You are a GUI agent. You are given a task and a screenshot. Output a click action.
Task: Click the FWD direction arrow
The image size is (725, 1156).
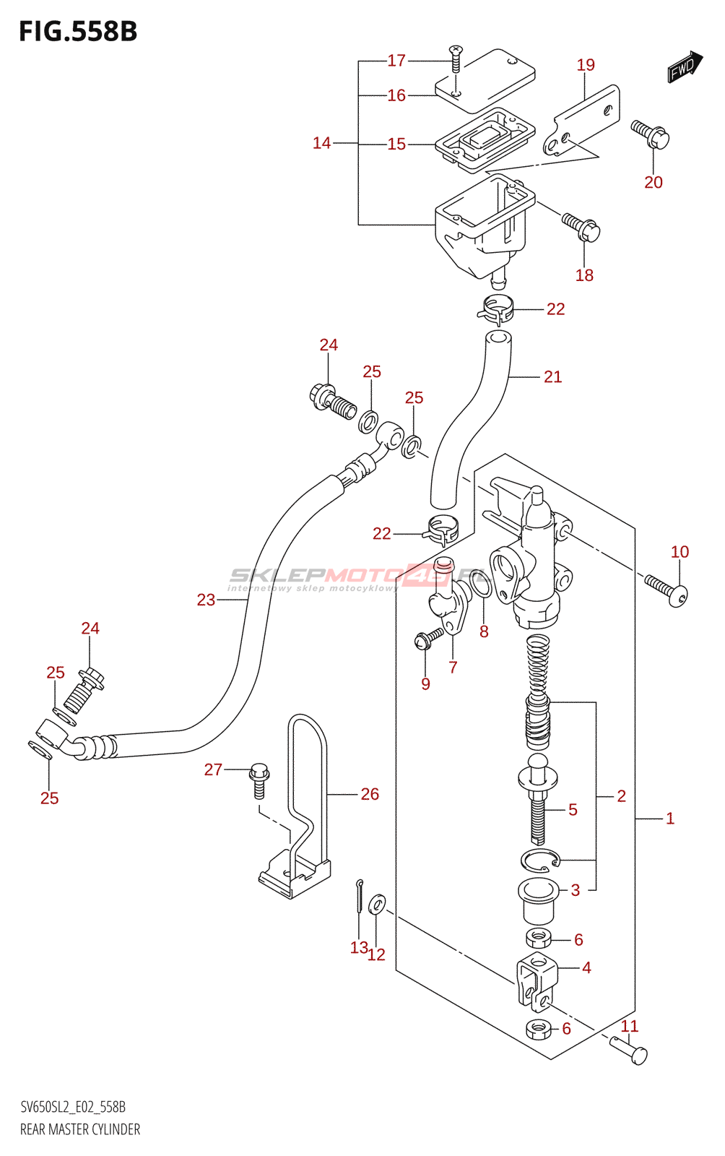pyautogui.click(x=684, y=67)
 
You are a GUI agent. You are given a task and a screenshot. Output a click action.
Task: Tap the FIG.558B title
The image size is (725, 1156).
pyautogui.click(x=78, y=32)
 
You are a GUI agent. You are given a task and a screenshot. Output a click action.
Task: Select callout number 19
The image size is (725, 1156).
pyautogui.click(x=586, y=65)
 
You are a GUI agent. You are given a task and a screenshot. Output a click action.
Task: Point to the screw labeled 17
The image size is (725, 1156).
pyautogui.click(x=456, y=58)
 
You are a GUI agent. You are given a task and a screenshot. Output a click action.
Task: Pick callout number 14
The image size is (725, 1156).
pyautogui.click(x=321, y=143)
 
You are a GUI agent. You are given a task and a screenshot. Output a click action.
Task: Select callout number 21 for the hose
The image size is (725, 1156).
pyautogui.click(x=552, y=376)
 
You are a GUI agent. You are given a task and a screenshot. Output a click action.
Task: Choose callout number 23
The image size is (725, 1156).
pyautogui.click(x=206, y=600)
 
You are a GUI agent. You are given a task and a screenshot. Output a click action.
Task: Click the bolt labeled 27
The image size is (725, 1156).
pyautogui.click(x=259, y=780)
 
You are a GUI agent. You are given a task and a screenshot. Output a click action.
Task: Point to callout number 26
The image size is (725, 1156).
pyautogui.click(x=370, y=794)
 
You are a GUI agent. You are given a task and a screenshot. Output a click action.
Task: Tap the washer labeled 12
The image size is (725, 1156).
pyautogui.click(x=377, y=904)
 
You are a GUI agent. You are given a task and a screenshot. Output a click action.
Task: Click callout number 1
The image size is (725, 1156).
pyautogui.click(x=670, y=819)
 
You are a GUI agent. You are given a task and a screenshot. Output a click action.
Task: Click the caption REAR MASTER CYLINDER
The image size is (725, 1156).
pyautogui.click(x=80, y=1129)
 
